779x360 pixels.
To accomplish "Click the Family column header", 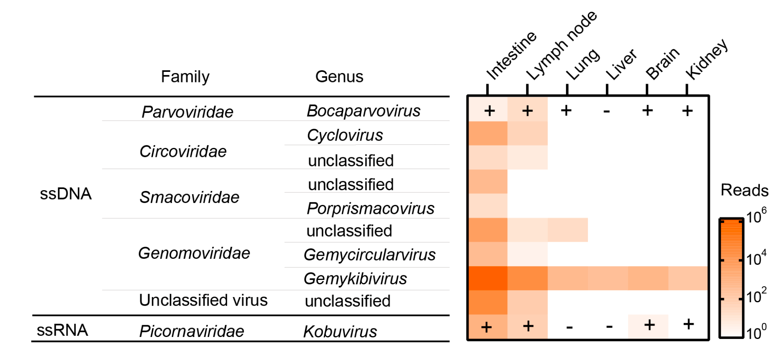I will [185, 77].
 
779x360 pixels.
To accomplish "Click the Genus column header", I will [339, 77].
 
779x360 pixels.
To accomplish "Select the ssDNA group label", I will [66, 194].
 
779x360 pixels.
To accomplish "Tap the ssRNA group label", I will [63, 330].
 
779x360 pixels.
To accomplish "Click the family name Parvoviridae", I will [187, 112].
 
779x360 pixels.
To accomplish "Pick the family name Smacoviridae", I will [189, 197].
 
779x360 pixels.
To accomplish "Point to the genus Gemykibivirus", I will [355, 279].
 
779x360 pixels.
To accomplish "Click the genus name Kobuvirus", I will [340, 331].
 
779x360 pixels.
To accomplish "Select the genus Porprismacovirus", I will [370, 209].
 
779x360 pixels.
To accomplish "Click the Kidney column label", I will [706, 59].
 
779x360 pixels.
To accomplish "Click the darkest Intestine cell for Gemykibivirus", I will [488, 278].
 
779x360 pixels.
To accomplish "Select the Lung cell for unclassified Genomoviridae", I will [567, 230].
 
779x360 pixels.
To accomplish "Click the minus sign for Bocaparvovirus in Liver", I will [607, 112].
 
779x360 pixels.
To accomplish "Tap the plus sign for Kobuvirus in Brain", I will [649, 325].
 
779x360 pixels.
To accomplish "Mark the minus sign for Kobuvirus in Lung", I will [569, 326].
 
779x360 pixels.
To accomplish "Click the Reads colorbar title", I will [744, 191].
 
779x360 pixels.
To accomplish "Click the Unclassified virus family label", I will [203, 300].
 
